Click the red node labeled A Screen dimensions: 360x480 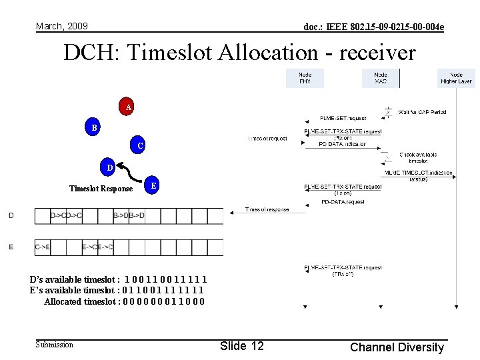tap(127, 107)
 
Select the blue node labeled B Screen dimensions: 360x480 tap(94, 127)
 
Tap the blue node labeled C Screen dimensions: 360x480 tap(139, 145)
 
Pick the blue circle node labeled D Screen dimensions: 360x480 tap(109, 167)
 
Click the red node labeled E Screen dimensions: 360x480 tap(153, 186)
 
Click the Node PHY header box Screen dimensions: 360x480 tap(305, 78)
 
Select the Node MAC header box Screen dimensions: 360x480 tap(381, 78)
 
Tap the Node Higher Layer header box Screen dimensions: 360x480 tap(456, 78)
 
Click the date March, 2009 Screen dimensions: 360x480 tap(62, 26)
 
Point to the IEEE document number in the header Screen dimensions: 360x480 tap(373, 27)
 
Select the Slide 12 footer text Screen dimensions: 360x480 tap(241, 345)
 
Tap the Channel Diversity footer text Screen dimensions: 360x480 tap(397, 347)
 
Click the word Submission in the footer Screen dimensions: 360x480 tap(54, 345)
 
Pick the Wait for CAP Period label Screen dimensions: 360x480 tap(422, 112)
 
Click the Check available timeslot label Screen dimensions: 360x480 tap(418, 158)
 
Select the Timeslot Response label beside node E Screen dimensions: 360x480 tap(101, 189)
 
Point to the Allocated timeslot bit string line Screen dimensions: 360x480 tap(124, 301)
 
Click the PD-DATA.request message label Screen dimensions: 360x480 tap(343, 201)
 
